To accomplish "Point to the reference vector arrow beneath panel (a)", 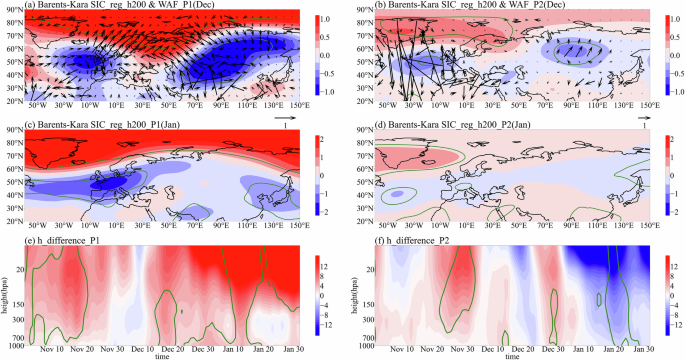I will (290, 117).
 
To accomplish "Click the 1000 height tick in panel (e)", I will (13, 344).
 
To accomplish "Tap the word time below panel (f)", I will (512, 356).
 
